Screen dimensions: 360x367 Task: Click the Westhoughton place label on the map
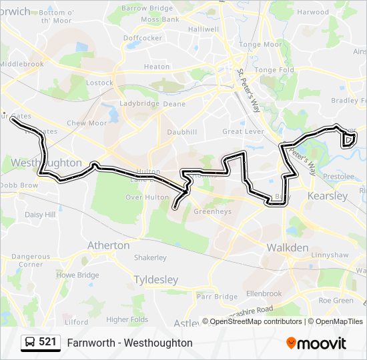tap(46, 163)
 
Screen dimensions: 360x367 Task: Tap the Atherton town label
tap(109, 245)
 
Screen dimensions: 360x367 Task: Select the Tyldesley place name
tap(157, 279)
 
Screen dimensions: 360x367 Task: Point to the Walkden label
tap(288, 248)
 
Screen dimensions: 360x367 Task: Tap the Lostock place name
tap(99, 83)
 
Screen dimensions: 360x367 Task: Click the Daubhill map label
tap(182, 133)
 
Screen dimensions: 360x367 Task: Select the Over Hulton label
tap(146, 197)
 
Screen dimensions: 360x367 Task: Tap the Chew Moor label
tap(87, 123)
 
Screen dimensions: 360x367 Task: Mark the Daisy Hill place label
tap(40, 215)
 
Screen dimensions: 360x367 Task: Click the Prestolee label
tap(337, 177)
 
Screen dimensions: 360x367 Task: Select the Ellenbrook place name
tap(264, 293)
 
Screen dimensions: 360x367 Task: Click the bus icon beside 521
tap(29, 343)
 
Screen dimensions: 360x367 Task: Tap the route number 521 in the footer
tap(47, 343)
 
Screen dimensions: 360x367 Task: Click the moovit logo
tap(316, 343)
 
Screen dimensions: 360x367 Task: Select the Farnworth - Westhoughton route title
tap(129, 343)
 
